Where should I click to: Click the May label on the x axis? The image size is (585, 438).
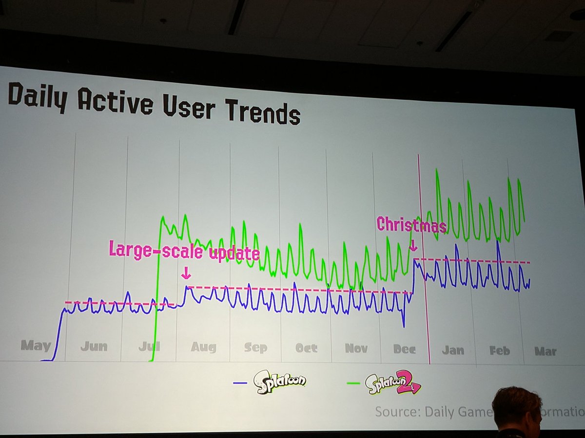[x=36, y=346]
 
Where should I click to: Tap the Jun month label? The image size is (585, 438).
[x=94, y=347]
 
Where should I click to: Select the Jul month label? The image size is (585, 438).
[x=149, y=347]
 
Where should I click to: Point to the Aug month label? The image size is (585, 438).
[x=203, y=347]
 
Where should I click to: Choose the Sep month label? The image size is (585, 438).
[x=255, y=348]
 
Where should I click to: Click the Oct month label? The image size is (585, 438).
[x=306, y=348]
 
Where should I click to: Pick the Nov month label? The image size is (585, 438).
[x=356, y=348]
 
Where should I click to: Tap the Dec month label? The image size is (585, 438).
[x=405, y=349]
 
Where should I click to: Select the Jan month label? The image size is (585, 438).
[x=452, y=350]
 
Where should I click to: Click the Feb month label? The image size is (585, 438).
[x=499, y=351]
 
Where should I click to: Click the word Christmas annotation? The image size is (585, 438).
[x=411, y=225]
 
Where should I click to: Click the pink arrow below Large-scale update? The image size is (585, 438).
[x=185, y=274]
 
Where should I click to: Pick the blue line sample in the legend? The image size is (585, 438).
[x=241, y=383]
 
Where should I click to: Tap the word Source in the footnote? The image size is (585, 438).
[x=396, y=412]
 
